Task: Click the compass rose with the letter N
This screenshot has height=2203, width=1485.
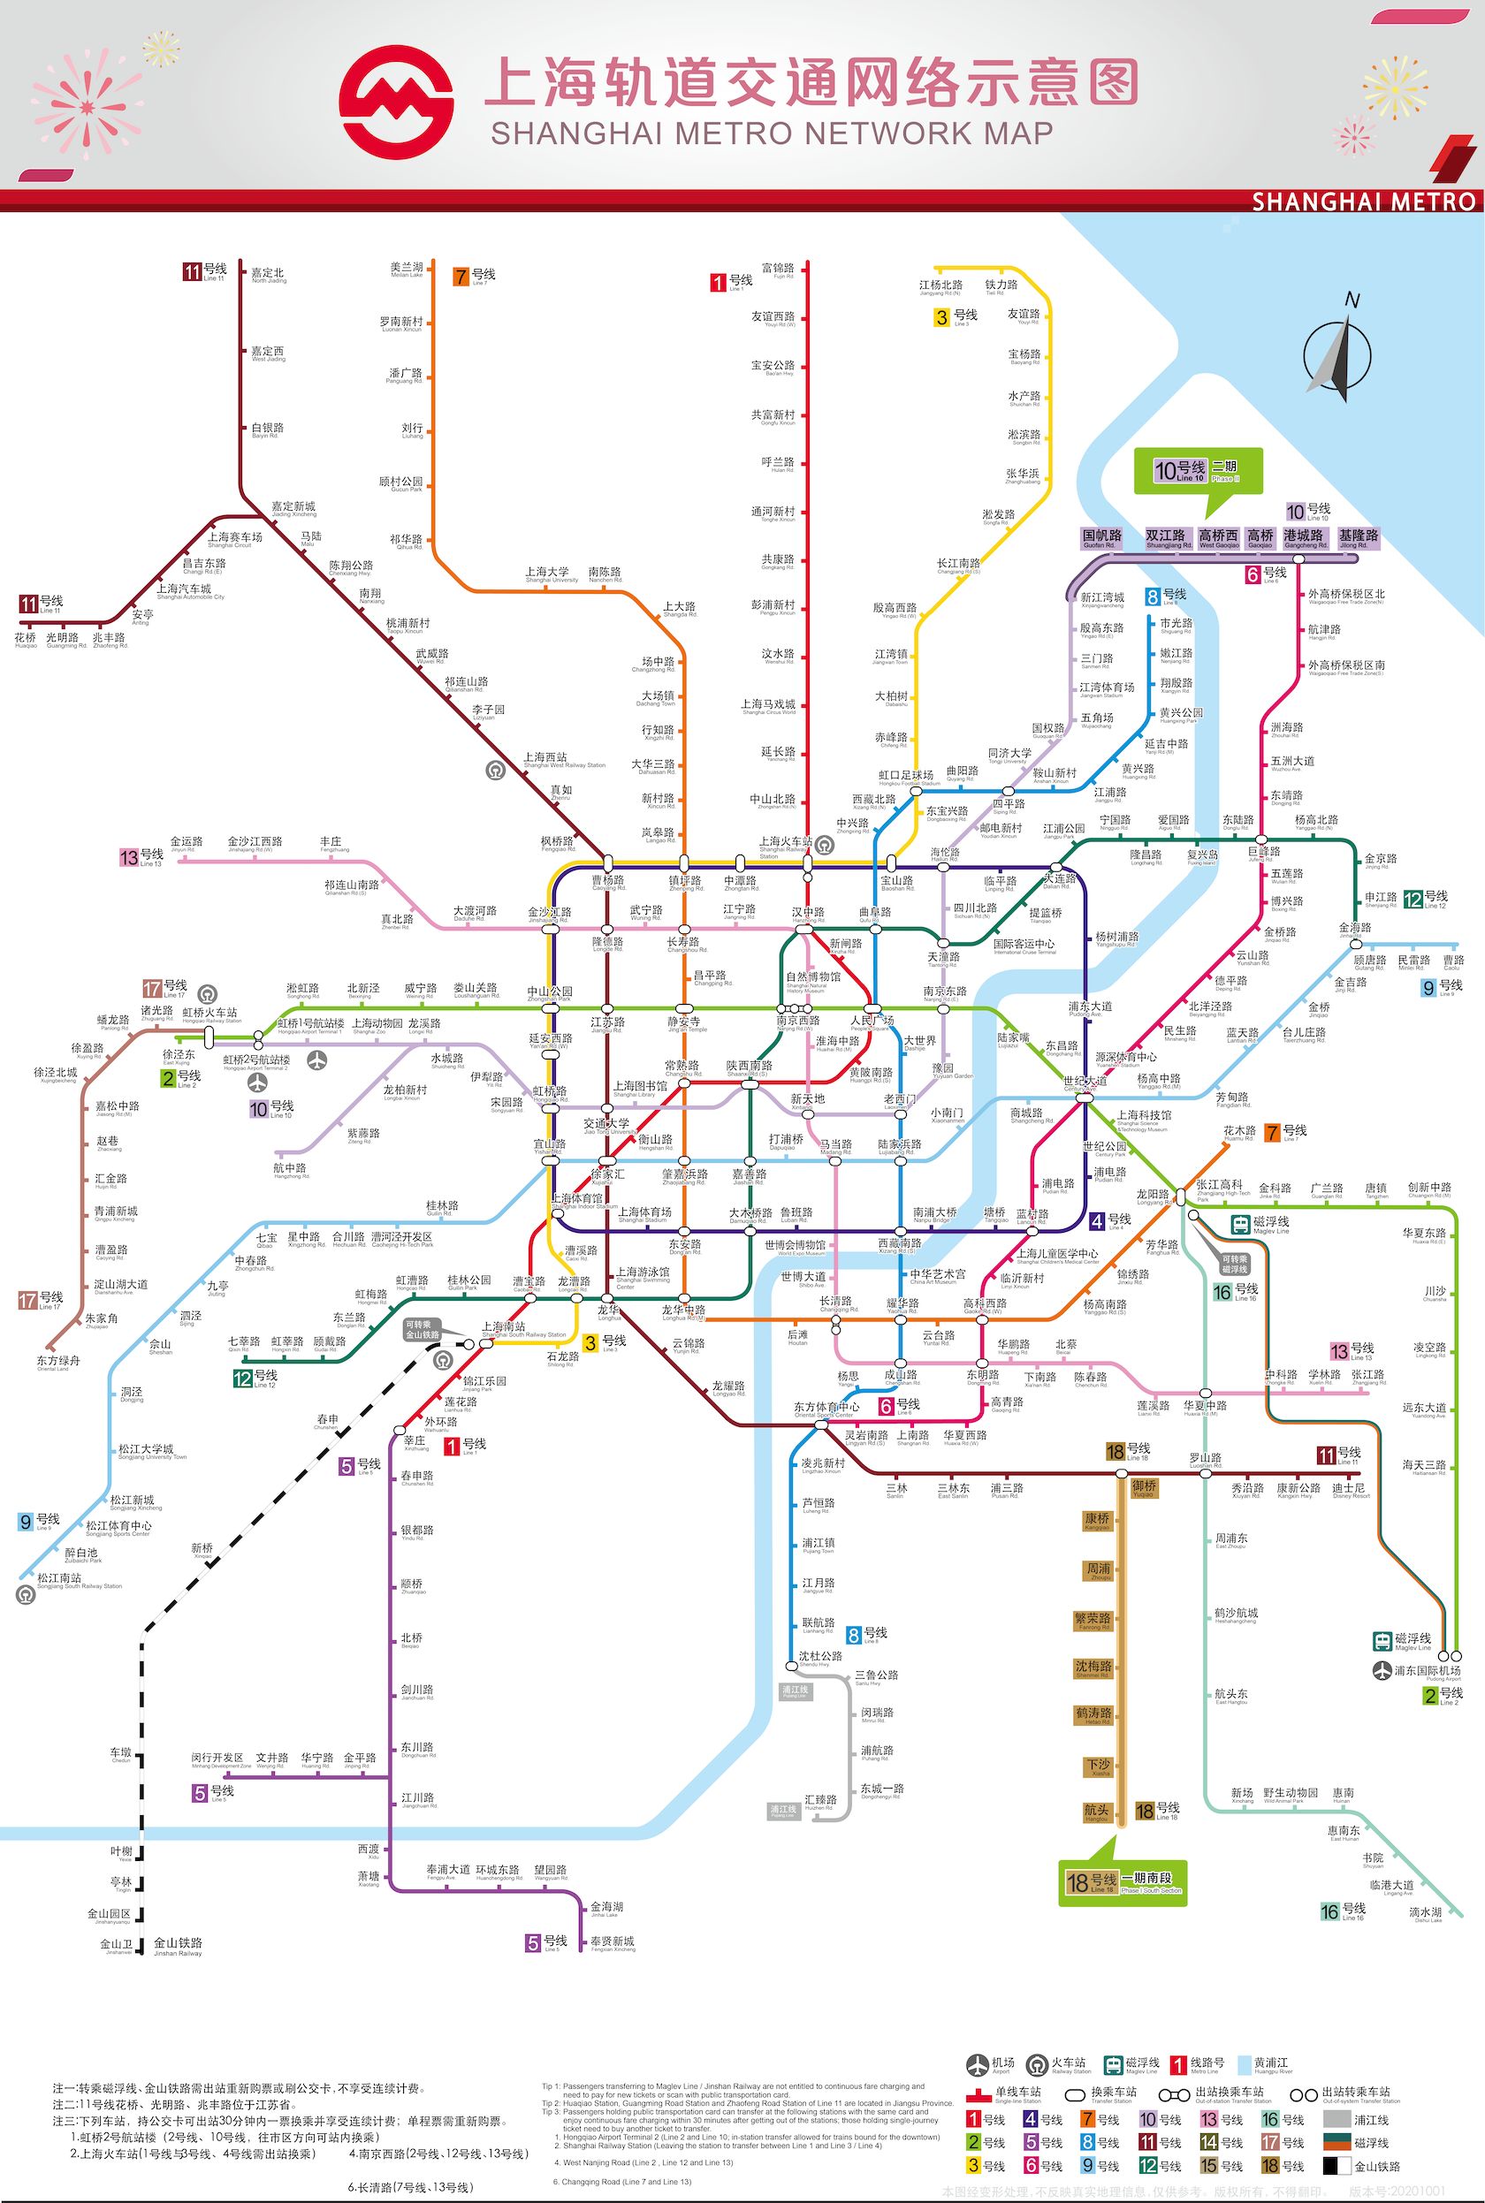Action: (1337, 353)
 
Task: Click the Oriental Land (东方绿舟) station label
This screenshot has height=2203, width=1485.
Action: (57, 1362)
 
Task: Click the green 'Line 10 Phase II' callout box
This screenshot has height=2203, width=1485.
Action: (1198, 470)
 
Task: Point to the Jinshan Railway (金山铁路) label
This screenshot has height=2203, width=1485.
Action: (178, 1943)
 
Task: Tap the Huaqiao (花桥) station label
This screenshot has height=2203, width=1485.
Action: (26, 639)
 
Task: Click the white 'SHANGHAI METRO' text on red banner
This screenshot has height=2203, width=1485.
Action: (1363, 201)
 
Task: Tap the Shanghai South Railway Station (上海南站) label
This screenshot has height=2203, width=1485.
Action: (504, 1327)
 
